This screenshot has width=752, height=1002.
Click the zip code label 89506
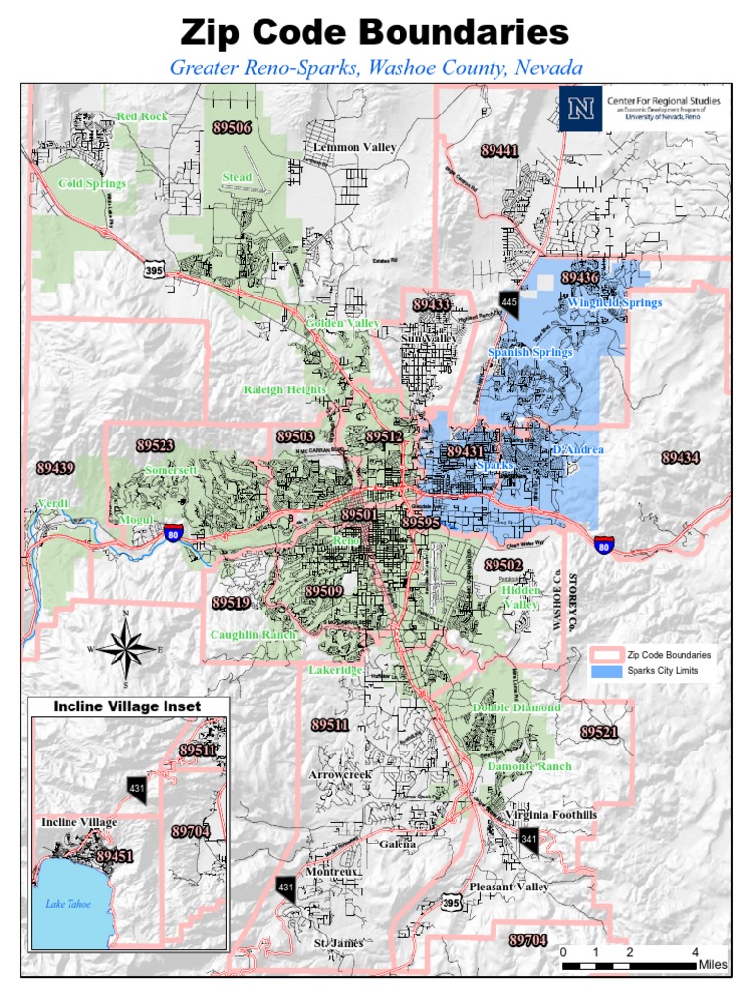[232, 127]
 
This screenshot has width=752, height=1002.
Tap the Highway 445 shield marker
[508, 302]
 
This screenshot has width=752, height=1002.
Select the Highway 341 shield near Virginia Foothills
[529, 839]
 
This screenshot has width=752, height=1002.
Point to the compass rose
[126, 648]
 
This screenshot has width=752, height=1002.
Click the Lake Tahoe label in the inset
[68, 904]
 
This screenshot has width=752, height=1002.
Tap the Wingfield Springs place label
[614, 303]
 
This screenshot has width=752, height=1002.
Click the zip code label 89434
[681, 458]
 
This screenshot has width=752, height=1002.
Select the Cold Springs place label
[92, 184]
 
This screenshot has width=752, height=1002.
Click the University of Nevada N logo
[580, 109]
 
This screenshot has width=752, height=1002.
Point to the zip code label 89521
[598, 733]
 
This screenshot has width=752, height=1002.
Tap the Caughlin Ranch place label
[253, 635]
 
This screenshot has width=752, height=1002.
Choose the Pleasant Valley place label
[509, 887]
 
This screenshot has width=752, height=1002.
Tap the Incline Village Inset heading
[127, 706]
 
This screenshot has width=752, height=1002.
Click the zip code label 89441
[499, 150]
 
